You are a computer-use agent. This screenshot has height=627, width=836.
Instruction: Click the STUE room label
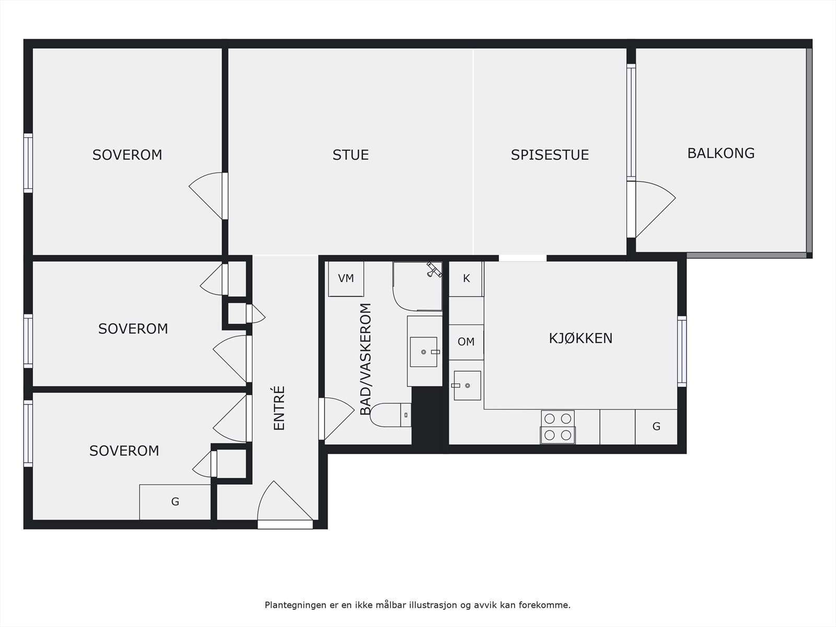pyautogui.click(x=351, y=155)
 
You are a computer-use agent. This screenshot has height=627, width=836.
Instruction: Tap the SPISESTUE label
pyautogui.click(x=550, y=155)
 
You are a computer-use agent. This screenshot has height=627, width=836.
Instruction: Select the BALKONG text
pyautogui.click(x=721, y=153)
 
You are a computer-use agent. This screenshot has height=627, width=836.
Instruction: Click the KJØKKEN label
pyautogui.click(x=580, y=338)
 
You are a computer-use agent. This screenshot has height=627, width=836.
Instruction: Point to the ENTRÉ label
pyautogui.click(x=280, y=408)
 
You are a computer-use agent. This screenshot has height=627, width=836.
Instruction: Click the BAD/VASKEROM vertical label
pyautogui.click(x=366, y=359)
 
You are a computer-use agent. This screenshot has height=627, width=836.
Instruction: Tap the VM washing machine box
pyautogui.click(x=346, y=278)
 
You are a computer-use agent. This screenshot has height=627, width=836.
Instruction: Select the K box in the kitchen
pyautogui.click(x=466, y=278)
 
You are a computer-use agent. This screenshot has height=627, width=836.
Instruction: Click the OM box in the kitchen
pyautogui.click(x=466, y=342)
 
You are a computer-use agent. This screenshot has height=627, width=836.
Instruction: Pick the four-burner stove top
pyautogui.click(x=558, y=427)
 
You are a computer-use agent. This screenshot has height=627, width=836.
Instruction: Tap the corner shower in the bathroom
pyautogui.click(x=417, y=286)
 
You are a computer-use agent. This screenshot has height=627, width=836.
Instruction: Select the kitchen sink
pyautogui.click(x=467, y=386)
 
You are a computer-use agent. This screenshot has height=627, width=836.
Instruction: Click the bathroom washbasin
pyautogui.click(x=424, y=352)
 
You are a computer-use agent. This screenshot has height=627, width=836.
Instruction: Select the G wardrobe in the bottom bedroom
pyautogui.click(x=175, y=502)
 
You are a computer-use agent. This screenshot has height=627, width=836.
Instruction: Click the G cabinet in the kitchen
pyautogui.click(x=656, y=426)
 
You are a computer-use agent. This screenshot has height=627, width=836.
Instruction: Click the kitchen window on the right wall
pyautogui.click(x=682, y=351)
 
